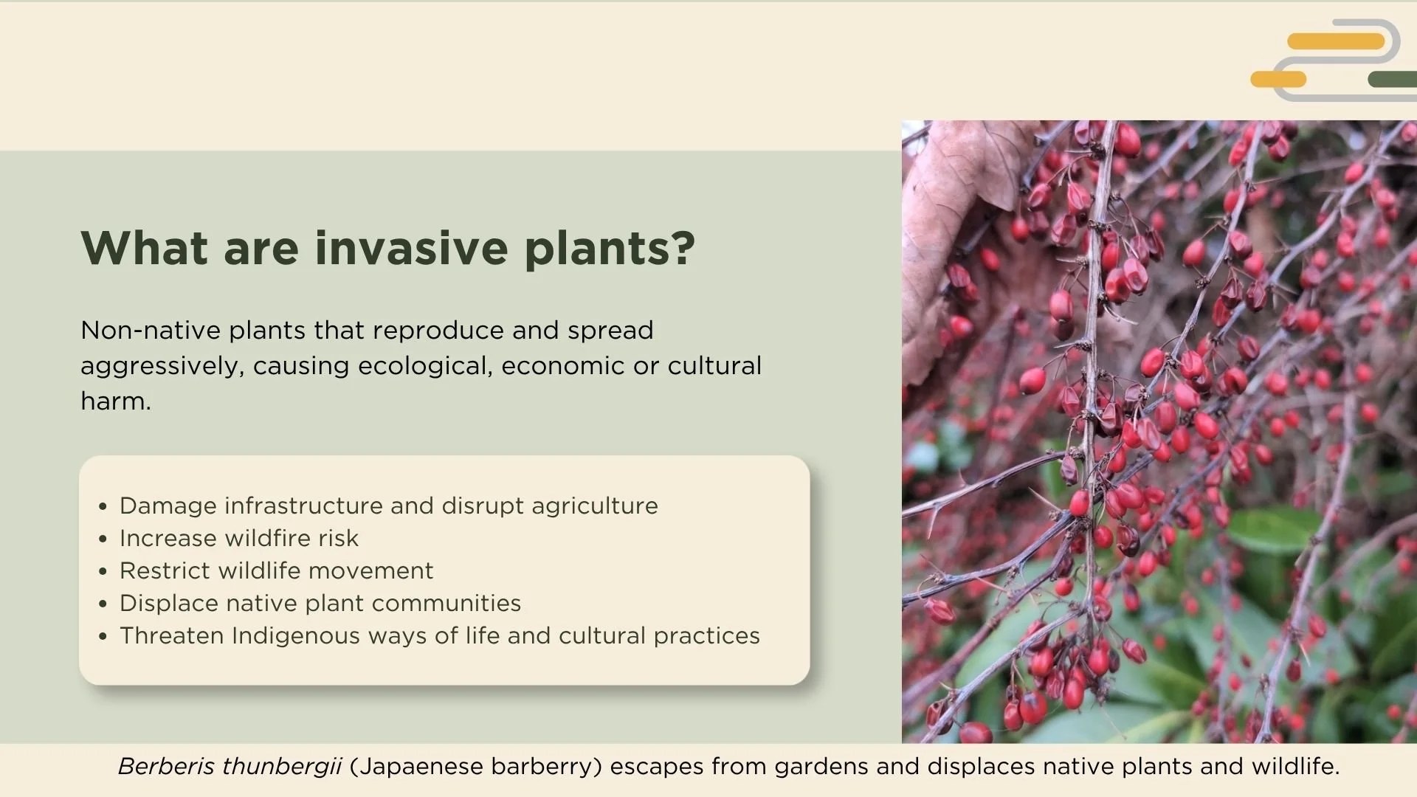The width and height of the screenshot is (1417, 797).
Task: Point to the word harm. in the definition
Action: point(116,401)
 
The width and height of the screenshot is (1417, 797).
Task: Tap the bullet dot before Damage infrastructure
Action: point(103,506)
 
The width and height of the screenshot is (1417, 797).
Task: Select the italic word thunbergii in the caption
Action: point(281,767)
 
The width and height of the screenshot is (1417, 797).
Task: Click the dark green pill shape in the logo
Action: point(1391,79)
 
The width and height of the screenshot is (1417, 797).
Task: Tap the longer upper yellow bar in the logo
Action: point(1336,41)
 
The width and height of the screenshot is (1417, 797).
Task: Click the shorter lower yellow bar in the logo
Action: point(1278,79)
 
